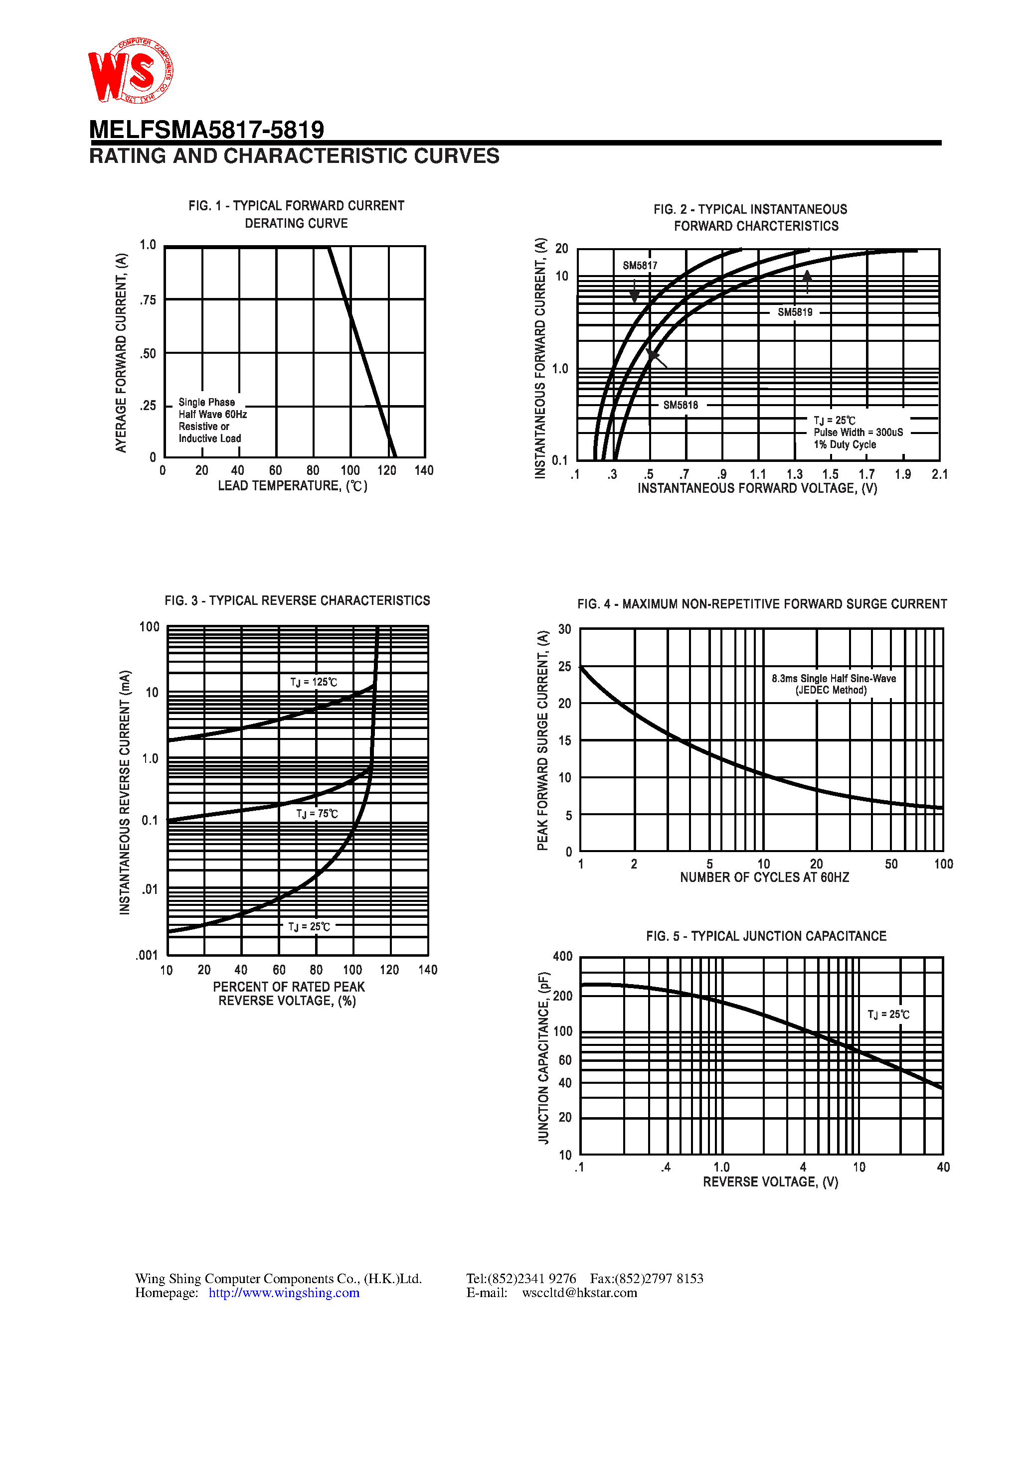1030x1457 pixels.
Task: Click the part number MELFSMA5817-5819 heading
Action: [x=206, y=130]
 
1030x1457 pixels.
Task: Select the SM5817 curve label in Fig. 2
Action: [x=640, y=265]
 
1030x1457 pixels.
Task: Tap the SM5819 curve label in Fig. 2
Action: [x=794, y=312]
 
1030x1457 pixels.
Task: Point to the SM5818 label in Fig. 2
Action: [x=680, y=405]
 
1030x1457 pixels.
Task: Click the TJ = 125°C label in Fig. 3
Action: [x=314, y=682]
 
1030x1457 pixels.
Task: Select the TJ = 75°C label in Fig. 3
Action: [x=317, y=814]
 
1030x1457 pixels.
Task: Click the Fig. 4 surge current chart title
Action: [x=761, y=604]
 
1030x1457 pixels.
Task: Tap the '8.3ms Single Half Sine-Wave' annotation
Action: [x=833, y=678]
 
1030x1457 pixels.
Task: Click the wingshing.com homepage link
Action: [x=284, y=1293]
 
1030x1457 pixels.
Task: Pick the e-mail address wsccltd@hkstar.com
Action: [x=579, y=1293]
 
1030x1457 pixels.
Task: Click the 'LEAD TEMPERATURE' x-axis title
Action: [x=292, y=486]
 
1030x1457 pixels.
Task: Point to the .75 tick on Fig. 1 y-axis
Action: [x=148, y=299]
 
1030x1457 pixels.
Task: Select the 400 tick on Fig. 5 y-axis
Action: [x=563, y=956]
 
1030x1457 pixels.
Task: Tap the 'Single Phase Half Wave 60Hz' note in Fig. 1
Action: [x=212, y=408]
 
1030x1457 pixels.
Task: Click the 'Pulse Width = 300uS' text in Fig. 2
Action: [x=858, y=432]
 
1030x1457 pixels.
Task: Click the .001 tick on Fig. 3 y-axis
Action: [x=147, y=955]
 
